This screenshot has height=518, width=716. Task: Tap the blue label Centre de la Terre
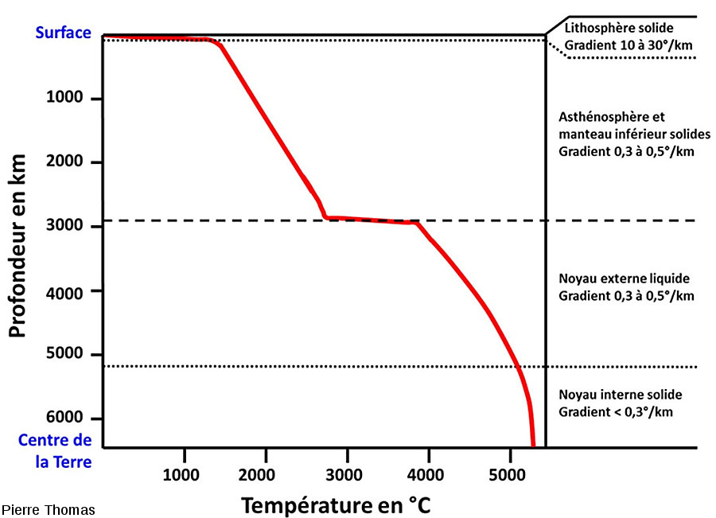pyautogui.click(x=55, y=450)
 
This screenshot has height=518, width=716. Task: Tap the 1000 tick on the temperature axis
pyautogui.click(x=185, y=474)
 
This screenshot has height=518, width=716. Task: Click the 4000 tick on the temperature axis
pyautogui.click(x=428, y=474)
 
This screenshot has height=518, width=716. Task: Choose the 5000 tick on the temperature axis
pyautogui.click(x=509, y=474)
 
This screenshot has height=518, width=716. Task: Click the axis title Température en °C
pyautogui.click(x=336, y=504)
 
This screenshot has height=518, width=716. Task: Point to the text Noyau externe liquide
pyautogui.click(x=625, y=279)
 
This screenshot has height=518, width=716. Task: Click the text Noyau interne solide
pyautogui.click(x=621, y=395)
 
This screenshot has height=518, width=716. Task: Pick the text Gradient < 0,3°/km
pyautogui.click(x=616, y=411)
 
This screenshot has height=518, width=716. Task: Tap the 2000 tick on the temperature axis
pyautogui.click(x=266, y=474)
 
